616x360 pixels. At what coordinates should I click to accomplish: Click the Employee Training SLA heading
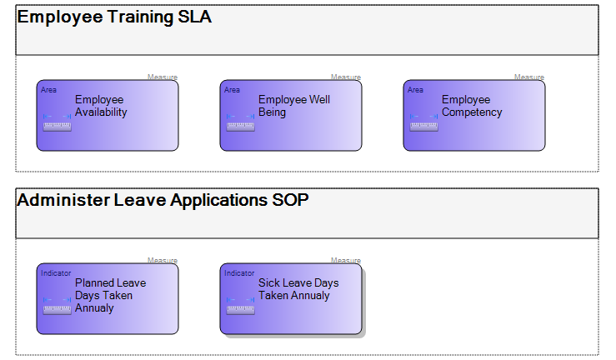(114, 17)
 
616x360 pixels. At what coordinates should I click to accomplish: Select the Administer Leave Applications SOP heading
(163, 200)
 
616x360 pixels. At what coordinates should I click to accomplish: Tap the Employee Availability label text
(101, 106)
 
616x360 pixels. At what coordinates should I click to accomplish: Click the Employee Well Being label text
(294, 106)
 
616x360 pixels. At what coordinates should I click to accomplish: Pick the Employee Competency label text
(472, 106)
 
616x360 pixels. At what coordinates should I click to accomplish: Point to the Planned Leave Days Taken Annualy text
(110, 296)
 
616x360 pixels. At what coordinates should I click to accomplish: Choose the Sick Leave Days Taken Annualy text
(298, 289)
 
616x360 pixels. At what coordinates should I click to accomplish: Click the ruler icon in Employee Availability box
(57, 122)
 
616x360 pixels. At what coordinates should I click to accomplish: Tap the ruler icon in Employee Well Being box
(240, 122)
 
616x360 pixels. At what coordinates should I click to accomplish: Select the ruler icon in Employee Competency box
(424, 122)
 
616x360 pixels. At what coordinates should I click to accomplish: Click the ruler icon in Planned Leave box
(57, 306)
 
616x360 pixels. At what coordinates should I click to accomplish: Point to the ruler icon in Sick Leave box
(240, 306)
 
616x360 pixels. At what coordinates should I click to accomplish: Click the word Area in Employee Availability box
(48, 90)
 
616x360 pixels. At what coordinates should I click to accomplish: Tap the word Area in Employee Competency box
(415, 90)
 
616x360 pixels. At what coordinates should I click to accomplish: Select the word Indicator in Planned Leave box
(56, 273)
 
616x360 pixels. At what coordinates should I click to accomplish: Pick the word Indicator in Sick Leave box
(239, 273)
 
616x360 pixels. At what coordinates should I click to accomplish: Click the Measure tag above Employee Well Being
(346, 77)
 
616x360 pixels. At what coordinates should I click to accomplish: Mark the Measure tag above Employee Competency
(529, 77)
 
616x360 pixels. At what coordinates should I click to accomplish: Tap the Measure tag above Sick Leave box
(346, 260)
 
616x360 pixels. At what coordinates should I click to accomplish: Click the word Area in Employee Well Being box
(233, 90)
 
